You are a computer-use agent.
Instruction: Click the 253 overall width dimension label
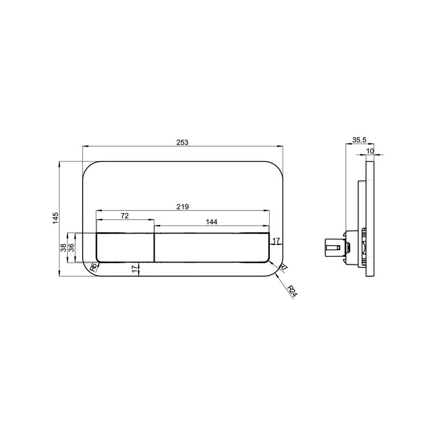click(182, 142)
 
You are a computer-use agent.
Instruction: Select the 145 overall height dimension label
click(55, 219)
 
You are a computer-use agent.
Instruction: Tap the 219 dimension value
click(182, 207)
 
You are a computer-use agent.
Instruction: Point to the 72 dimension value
click(125, 216)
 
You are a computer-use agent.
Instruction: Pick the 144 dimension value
click(212, 221)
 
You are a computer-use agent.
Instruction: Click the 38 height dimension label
click(64, 247)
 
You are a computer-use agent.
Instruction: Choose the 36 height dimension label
click(71, 247)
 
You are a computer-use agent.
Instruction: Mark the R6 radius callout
click(94, 266)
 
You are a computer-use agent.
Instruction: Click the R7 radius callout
click(283, 267)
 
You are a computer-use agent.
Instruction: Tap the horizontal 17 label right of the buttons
click(276, 240)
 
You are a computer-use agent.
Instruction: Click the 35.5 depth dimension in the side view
click(358, 140)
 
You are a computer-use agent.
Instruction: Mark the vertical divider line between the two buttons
click(154, 247)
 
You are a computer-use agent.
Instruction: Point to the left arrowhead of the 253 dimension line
click(83, 146)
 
